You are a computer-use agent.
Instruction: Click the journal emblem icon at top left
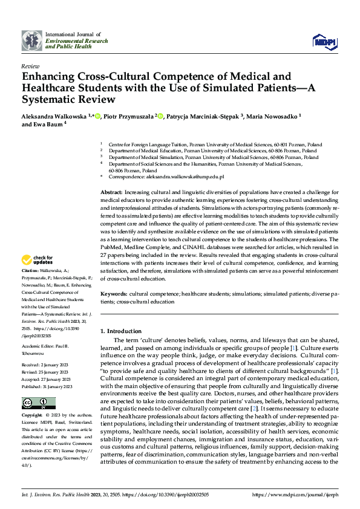[31, 41]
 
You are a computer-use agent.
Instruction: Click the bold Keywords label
[114, 293]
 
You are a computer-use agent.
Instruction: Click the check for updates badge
[38, 261]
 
